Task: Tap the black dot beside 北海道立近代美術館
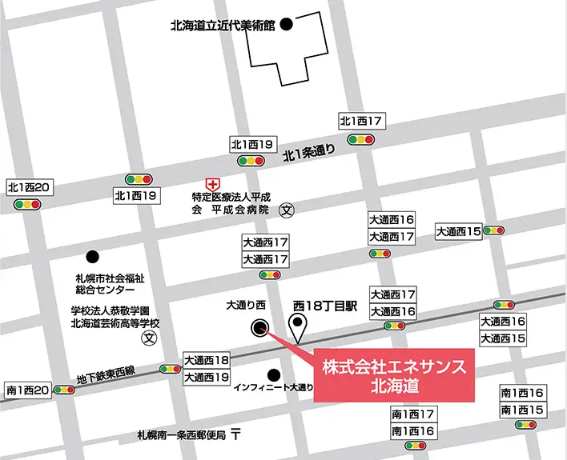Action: coord(286,25)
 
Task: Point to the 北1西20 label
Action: coord(29,187)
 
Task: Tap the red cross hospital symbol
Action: coord(211,184)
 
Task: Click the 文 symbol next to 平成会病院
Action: coord(288,211)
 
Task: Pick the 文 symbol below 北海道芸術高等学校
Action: coord(148,338)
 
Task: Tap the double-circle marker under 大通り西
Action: coord(259,326)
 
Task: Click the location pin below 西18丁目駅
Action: coord(300,328)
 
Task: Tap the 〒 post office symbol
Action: coord(235,436)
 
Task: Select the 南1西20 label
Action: coord(28,390)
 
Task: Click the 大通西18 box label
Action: coord(207,360)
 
